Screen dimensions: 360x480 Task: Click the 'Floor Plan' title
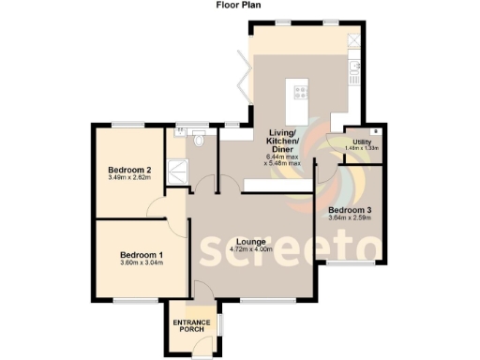239,5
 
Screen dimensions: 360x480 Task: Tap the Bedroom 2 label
128,169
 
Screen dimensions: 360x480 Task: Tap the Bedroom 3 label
350,209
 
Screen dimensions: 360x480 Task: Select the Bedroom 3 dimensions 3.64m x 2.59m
350,217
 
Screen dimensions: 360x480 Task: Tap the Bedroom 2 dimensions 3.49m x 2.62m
128,177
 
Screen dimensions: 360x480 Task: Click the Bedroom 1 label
141,254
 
